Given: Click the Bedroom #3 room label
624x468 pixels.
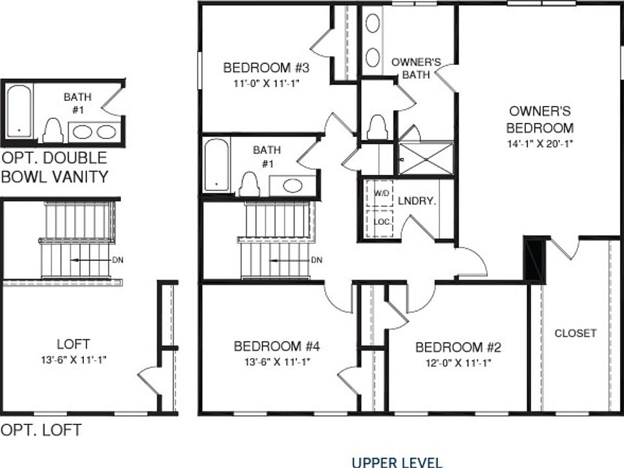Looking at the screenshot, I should tap(265, 68).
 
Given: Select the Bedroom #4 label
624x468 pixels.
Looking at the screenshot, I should tap(276, 346).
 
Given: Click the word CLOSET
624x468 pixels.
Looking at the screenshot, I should tap(575, 333).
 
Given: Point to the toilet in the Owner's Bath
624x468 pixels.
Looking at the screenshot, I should tap(377, 127).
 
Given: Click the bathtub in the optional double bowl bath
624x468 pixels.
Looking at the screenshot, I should tap(19, 111).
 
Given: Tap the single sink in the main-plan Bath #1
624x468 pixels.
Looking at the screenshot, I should tap(292, 186).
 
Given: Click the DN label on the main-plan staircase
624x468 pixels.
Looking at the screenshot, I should tap(317, 261).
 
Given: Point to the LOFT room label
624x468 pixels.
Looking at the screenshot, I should tap(73, 344).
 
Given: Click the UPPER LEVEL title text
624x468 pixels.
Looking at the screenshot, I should tap(396, 462).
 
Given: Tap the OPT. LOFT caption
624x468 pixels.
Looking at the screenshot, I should tap(41, 430).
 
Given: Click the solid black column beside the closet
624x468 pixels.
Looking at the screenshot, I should tap(534, 259).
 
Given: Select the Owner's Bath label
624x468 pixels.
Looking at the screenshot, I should tap(416, 68).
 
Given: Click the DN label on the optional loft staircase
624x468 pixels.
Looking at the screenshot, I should tap(118, 260).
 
